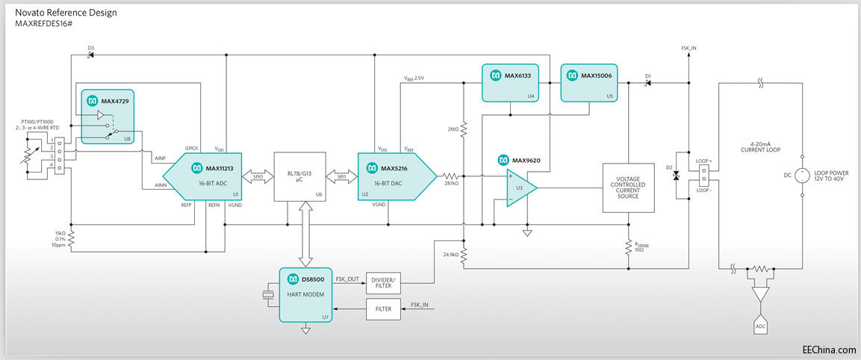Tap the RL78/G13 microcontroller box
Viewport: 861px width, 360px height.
coord(299,177)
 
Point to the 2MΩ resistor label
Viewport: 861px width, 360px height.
coord(453,129)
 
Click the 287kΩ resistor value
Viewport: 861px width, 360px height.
coord(451,183)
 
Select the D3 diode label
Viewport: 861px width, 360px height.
coord(90,49)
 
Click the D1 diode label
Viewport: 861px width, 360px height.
coord(648,76)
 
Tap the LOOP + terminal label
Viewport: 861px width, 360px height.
coord(703,161)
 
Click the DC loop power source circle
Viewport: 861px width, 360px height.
coord(802,177)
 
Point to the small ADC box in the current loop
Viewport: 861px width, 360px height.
coord(760,327)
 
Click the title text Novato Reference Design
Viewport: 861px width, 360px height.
coord(66,13)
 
